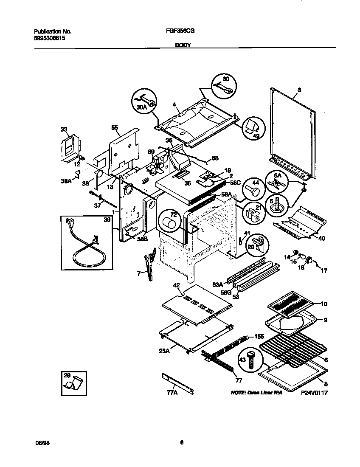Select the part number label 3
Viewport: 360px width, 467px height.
(299, 90)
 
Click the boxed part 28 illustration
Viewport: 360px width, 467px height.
(73, 382)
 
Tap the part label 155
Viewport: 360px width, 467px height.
(259, 336)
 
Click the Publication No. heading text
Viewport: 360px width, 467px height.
(52, 31)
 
